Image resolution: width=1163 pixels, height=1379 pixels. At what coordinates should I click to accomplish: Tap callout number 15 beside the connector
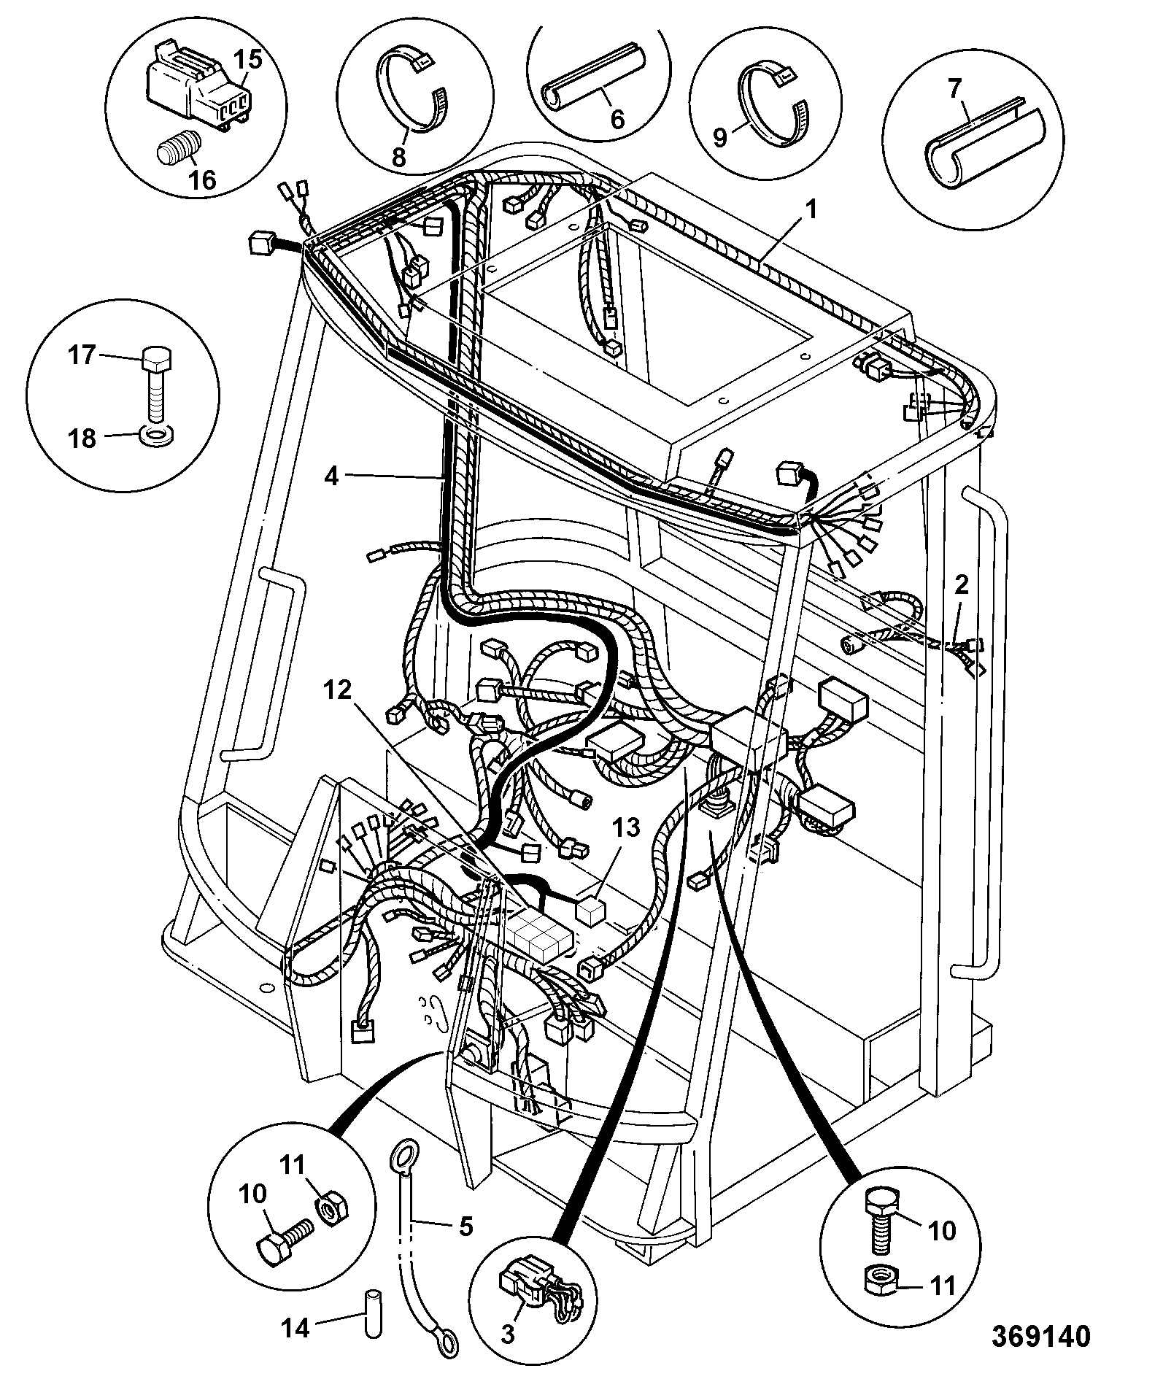tap(249, 60)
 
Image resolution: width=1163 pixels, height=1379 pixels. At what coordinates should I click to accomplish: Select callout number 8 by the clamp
tap(399, 157)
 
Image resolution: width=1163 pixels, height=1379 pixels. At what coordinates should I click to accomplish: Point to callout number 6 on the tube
tap(617, 119)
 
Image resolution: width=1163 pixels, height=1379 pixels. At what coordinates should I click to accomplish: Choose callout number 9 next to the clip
tap(720, 136)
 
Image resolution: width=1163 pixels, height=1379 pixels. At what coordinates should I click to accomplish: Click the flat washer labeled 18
tap(155, 436)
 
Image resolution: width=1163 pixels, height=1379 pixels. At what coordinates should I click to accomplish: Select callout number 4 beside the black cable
tap(333, 476)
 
